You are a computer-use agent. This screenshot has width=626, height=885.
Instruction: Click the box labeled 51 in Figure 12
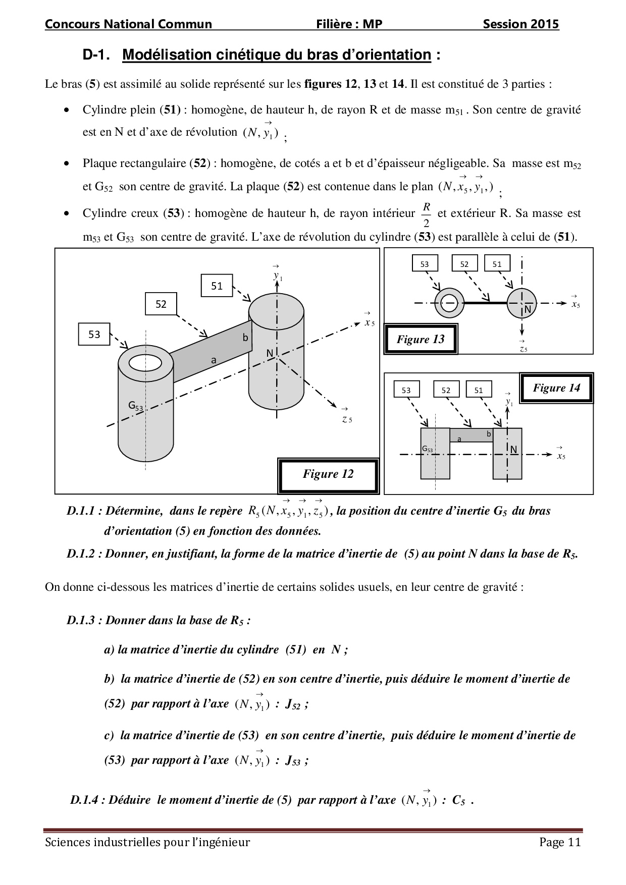tap(217, 286)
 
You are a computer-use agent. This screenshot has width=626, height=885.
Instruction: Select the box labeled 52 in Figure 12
tap(161, 304)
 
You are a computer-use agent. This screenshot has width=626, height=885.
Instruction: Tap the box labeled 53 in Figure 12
tap(94, 334)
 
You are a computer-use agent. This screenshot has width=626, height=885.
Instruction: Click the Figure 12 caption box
tap(328, 475)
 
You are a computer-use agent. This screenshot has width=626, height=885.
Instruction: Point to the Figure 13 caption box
tap(421, 340)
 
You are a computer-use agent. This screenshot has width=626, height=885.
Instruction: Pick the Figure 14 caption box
tap(556, 388)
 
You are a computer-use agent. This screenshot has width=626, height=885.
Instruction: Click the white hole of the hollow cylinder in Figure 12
tap(145, 362)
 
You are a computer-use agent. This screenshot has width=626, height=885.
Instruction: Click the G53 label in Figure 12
tap(135, 405)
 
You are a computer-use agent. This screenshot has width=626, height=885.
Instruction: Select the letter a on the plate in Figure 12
tap(214, 360)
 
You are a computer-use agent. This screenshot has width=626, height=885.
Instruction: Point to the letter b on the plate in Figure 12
tap(246, 338)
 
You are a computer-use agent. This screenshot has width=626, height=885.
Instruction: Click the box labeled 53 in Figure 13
tap(425, 264)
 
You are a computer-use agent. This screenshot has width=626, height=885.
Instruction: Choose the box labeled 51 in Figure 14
tap(479, 390)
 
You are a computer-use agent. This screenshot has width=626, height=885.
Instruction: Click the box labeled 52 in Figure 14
tap(446, 390)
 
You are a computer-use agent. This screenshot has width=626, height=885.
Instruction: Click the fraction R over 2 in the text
tap(427, 214)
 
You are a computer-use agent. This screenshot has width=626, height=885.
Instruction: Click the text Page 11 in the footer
tap(560, 842)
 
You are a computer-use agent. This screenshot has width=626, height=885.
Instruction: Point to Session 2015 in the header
tap(520, 24)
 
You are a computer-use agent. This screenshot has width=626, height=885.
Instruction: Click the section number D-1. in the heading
tap(96, 55)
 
